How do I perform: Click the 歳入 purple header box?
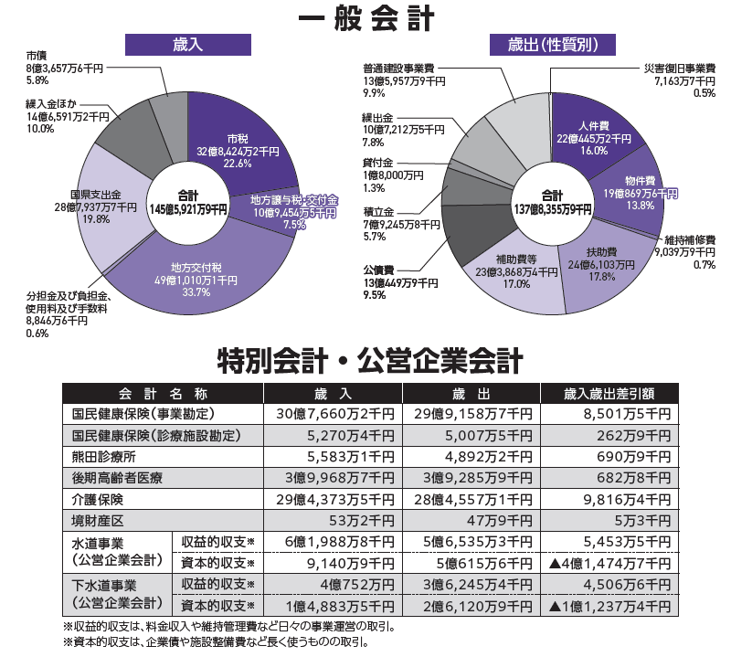pos(187,44)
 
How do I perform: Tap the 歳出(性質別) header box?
pos(551,44)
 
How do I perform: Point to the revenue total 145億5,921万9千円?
pos(188,202)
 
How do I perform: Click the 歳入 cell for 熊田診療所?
pos(332,456)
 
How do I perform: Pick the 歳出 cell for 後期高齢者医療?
pos(471,478)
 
